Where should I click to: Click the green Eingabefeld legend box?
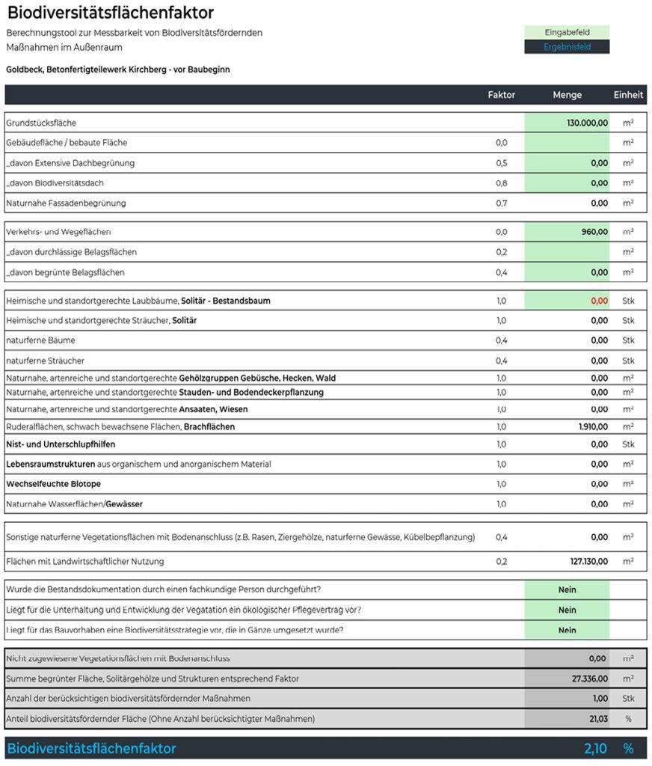coord(567,32)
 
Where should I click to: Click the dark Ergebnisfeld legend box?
coord(567,46)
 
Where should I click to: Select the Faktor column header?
coord(501,95)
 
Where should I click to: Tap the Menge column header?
coord(567,95)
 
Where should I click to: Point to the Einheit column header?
coord(628,95)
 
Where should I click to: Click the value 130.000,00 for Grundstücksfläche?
coord(587,123)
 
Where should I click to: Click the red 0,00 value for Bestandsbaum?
coord(599,301)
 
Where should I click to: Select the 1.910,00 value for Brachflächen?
coord(593,426)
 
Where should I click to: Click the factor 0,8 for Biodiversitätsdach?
coord(501,183)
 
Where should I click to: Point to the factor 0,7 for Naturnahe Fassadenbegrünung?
coord(501,203)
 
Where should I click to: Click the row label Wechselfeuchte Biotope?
coord(53,484)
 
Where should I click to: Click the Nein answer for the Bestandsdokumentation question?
coord(567,589)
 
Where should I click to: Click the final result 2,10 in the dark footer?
coord(595,749)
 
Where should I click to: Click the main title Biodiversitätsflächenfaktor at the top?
coord(110,13)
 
